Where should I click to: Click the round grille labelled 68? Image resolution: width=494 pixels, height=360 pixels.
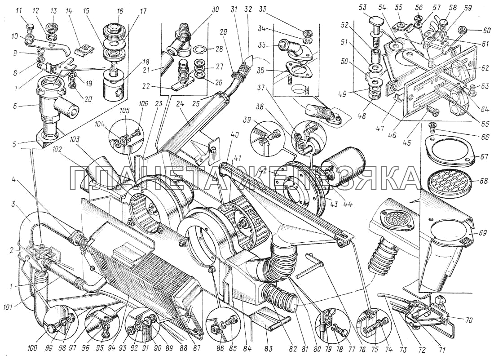pyautogui.click(x=447, y=182)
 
